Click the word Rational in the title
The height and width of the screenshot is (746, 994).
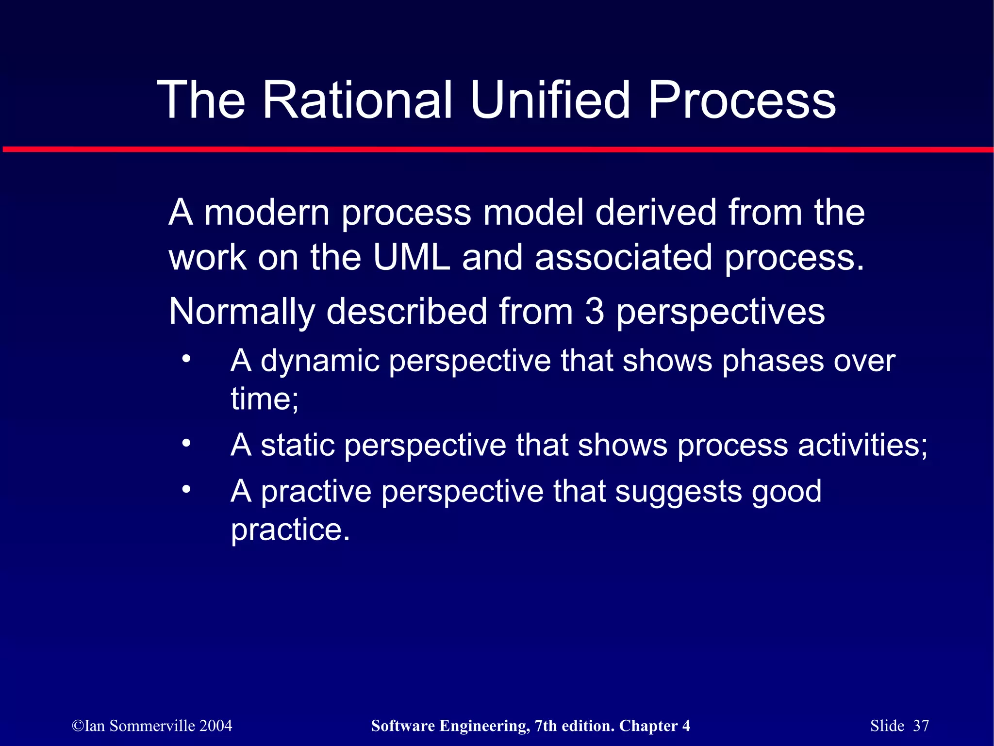[358, 100]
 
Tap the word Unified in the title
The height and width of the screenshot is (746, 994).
[550, 100]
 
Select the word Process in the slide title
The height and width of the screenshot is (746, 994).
[742, 100]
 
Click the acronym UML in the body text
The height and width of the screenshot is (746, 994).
[412, 257]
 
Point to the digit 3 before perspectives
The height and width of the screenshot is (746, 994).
[595, 312]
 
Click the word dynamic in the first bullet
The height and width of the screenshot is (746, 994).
[319, 362]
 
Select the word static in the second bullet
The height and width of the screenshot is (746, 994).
[298, 445]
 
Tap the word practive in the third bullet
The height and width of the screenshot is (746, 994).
[316, 492]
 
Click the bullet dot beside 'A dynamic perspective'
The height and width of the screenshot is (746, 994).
[186, 360]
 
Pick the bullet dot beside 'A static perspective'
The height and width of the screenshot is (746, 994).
[186, 443]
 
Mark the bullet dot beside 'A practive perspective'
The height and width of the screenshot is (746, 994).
[186, 489]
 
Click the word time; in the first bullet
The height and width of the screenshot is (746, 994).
[265, 399]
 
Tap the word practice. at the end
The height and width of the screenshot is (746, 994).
[290, 530]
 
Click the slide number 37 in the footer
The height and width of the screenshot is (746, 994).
[921, 726]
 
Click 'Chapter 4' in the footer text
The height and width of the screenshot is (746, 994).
[654, 726]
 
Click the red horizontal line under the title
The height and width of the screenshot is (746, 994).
[497, 149]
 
